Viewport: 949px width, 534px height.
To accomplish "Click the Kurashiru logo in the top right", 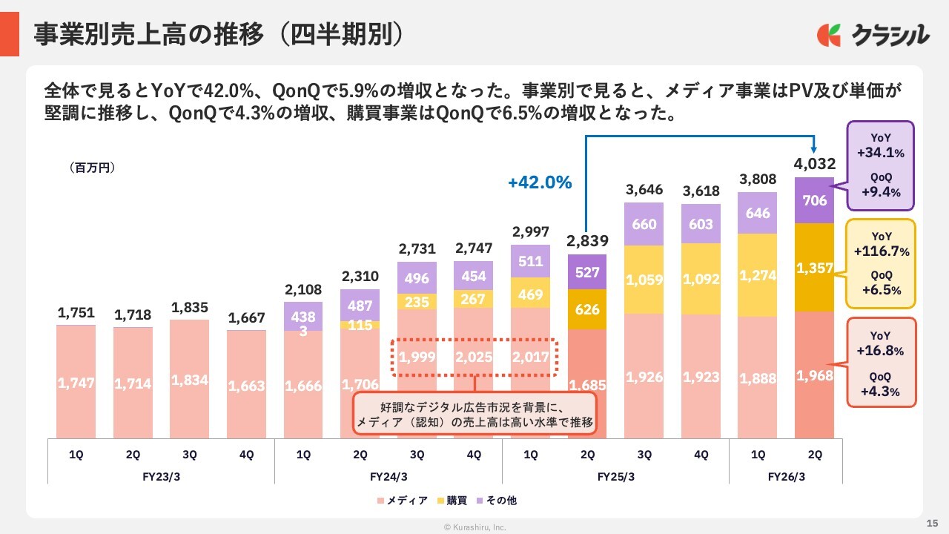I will pyautogui.click(x=873, y=35).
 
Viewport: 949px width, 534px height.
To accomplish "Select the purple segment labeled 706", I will pyautogui.click(x=814, y=200).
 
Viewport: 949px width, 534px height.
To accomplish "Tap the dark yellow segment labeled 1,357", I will pyautogui.click(x=814, y=267).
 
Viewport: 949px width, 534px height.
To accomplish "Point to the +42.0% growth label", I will pyautogui.click(x=540, y=182).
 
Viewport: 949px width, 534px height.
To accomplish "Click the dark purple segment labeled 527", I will pyautogui.click(x=586, y=271).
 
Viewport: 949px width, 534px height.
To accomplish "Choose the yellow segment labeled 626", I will pyautogui.click(x=586, y=309).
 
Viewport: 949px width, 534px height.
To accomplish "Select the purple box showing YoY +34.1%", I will pyautogui.click(x=879, y=166).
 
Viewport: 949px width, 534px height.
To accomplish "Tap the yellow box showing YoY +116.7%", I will pyautogui.click(x=879, y=263).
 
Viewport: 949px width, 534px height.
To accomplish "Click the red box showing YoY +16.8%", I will pyautogui.click(x=879, y=363).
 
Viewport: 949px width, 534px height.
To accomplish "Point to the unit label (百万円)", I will pyautogui.click(x=93, y=168).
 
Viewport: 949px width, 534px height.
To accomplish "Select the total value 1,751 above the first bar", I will pyautogui.click(x=76, y=314).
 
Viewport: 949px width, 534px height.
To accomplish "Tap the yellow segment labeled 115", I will pyautogui.click(x=360, y=325).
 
